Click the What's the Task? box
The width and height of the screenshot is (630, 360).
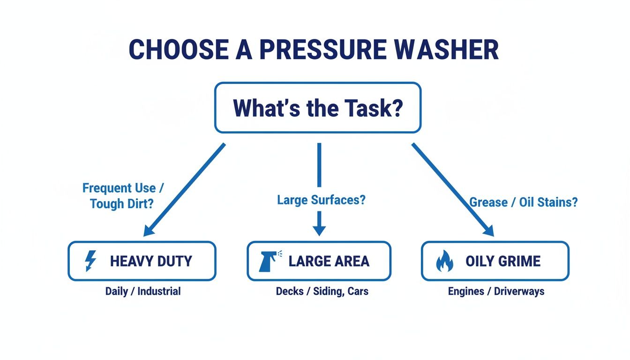click(317, 108)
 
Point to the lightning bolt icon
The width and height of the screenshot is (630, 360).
click(90, 261)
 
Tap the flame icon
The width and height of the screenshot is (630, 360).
click(444, 262)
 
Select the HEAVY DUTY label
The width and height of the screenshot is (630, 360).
click(151, 261)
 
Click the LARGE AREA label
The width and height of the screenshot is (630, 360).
click(329, 261)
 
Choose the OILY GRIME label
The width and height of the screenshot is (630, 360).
click(503, 261)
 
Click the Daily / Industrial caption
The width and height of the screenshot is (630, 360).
click(142, 291)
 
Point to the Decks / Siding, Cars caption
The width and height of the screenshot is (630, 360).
click(322, 291)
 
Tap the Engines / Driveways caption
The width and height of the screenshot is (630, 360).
click(496, 291)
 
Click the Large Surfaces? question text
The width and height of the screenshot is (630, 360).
click(321, 201)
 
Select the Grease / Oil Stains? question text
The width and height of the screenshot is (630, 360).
click(524, 202)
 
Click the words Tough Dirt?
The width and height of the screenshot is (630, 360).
click(121, 204)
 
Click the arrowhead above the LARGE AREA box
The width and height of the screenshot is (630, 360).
click(319, 230)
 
